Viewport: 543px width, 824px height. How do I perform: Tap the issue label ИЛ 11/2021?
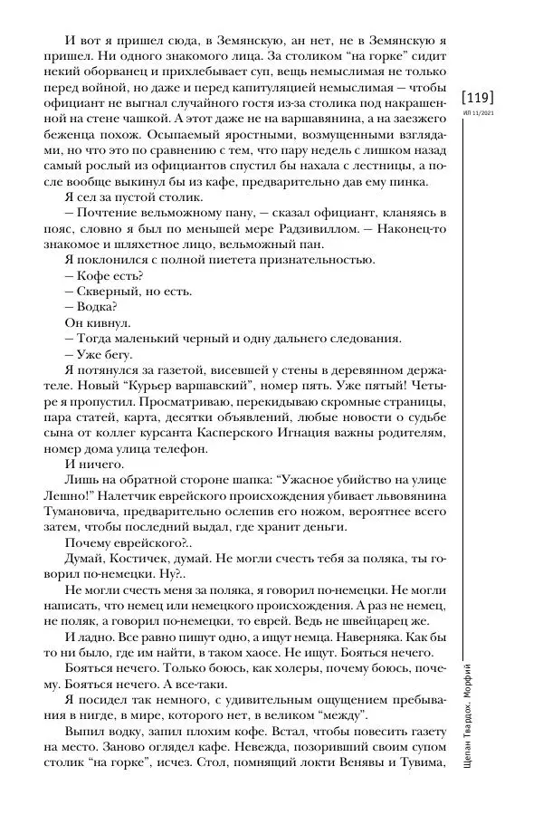point(478,113)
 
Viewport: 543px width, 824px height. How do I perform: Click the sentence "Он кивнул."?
point(98,322)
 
